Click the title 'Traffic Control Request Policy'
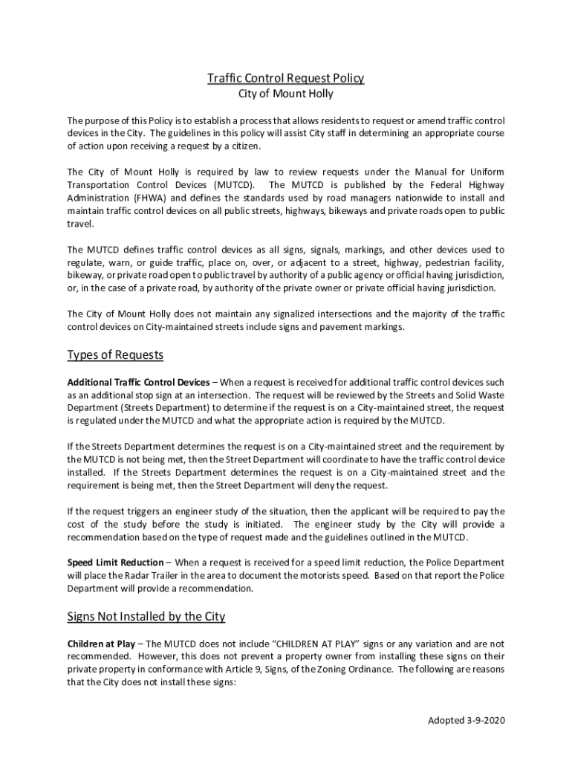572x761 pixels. (x=285, y=78)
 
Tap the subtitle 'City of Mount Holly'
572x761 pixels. (x=285, y=94)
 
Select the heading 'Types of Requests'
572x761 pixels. (x=115, y=355)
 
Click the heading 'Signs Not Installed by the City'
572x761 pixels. (x=146, y=617)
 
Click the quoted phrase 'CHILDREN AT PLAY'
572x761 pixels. (x=323, y=644)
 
